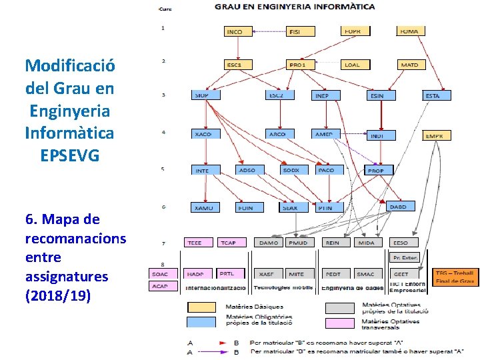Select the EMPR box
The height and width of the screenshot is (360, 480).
pyautogui.click(x=437, y=135)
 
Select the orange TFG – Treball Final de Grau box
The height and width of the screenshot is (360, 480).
pyautogui.click(x=456, y=277)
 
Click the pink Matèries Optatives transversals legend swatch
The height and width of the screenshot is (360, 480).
pyautogui.click(x=339, y=323)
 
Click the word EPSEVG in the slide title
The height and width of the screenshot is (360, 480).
pyautogui.click(x=70, y=155)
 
